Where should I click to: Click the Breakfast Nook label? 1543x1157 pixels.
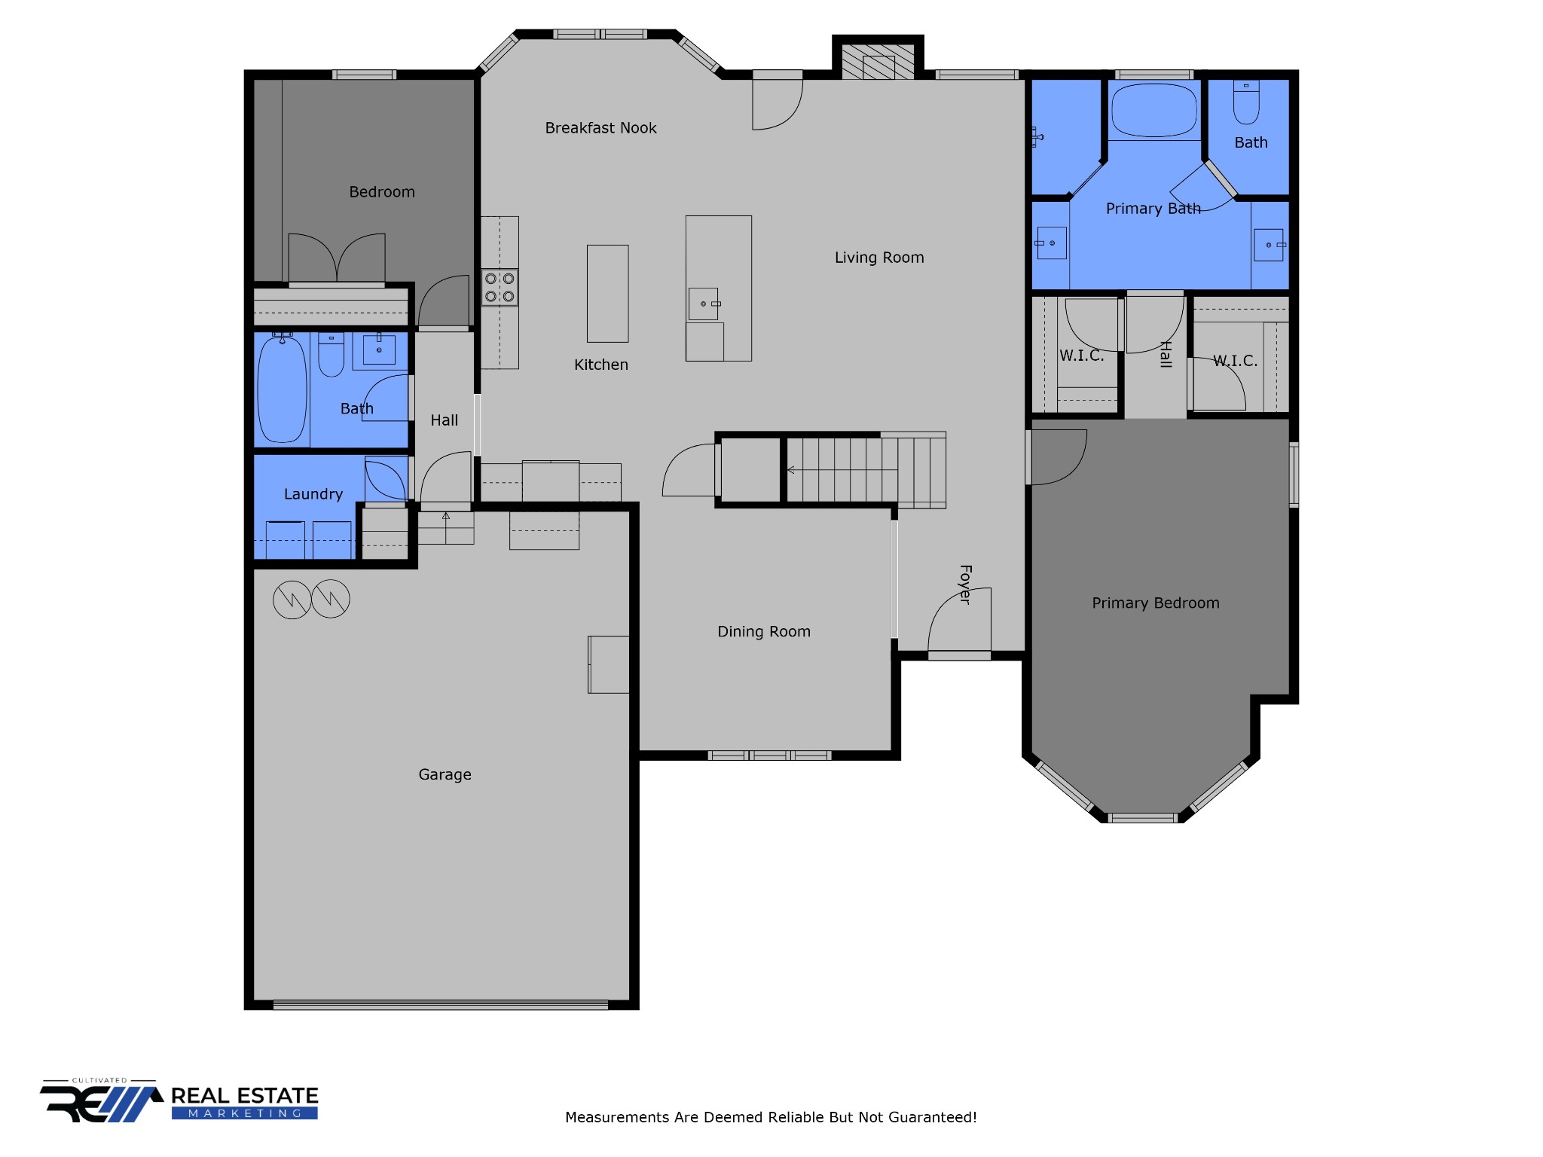[x=600, y=128]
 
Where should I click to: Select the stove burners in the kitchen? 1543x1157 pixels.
[x=500, y=288]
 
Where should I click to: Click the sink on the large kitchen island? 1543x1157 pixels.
[x=704, y=304]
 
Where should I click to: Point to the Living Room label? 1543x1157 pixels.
[x=878, y=258]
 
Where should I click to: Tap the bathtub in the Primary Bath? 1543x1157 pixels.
[x=1153, y=110]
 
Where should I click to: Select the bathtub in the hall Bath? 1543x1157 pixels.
[x=282, y=389]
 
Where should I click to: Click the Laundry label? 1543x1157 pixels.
[x=313, y=494]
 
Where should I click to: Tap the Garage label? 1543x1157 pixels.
[x=445, y=774]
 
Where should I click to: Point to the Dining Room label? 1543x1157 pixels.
[x=763, y=631]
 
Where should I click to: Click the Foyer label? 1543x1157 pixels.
[x=965, y=584]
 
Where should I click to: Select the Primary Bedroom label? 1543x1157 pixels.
[x=1155, y=603]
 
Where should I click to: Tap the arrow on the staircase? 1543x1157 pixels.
[x=791, y=470]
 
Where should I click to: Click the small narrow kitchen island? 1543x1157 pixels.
[x=607, y=293]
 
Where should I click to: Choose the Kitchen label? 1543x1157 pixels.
[x=600, y=365]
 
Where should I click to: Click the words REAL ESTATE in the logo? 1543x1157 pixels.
[x=244, y=1095]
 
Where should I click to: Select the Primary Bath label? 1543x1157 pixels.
[x=1153, y=209]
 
